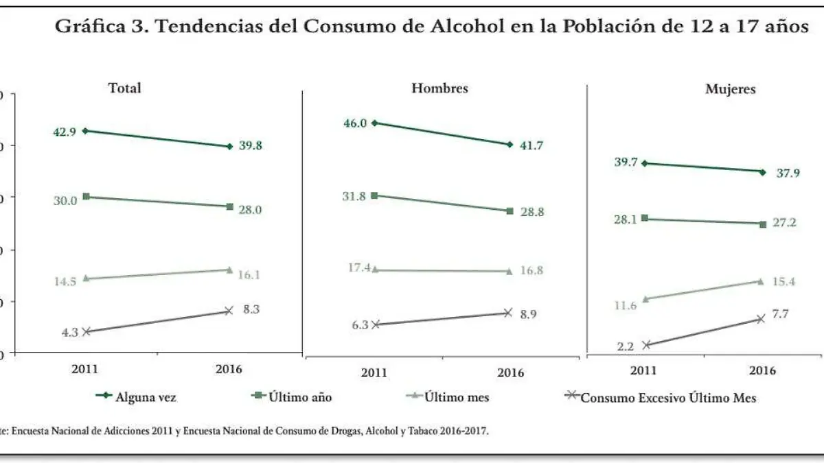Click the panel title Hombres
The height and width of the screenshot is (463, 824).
439,88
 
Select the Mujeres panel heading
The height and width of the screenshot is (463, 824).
730,89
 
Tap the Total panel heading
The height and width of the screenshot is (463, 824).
124,88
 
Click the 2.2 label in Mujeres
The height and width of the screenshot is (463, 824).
625,346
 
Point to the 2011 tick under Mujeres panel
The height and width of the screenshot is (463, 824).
643,370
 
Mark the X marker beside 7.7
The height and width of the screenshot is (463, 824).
760,319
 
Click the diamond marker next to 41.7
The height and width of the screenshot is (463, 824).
510,145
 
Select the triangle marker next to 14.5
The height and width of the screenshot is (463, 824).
85,278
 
